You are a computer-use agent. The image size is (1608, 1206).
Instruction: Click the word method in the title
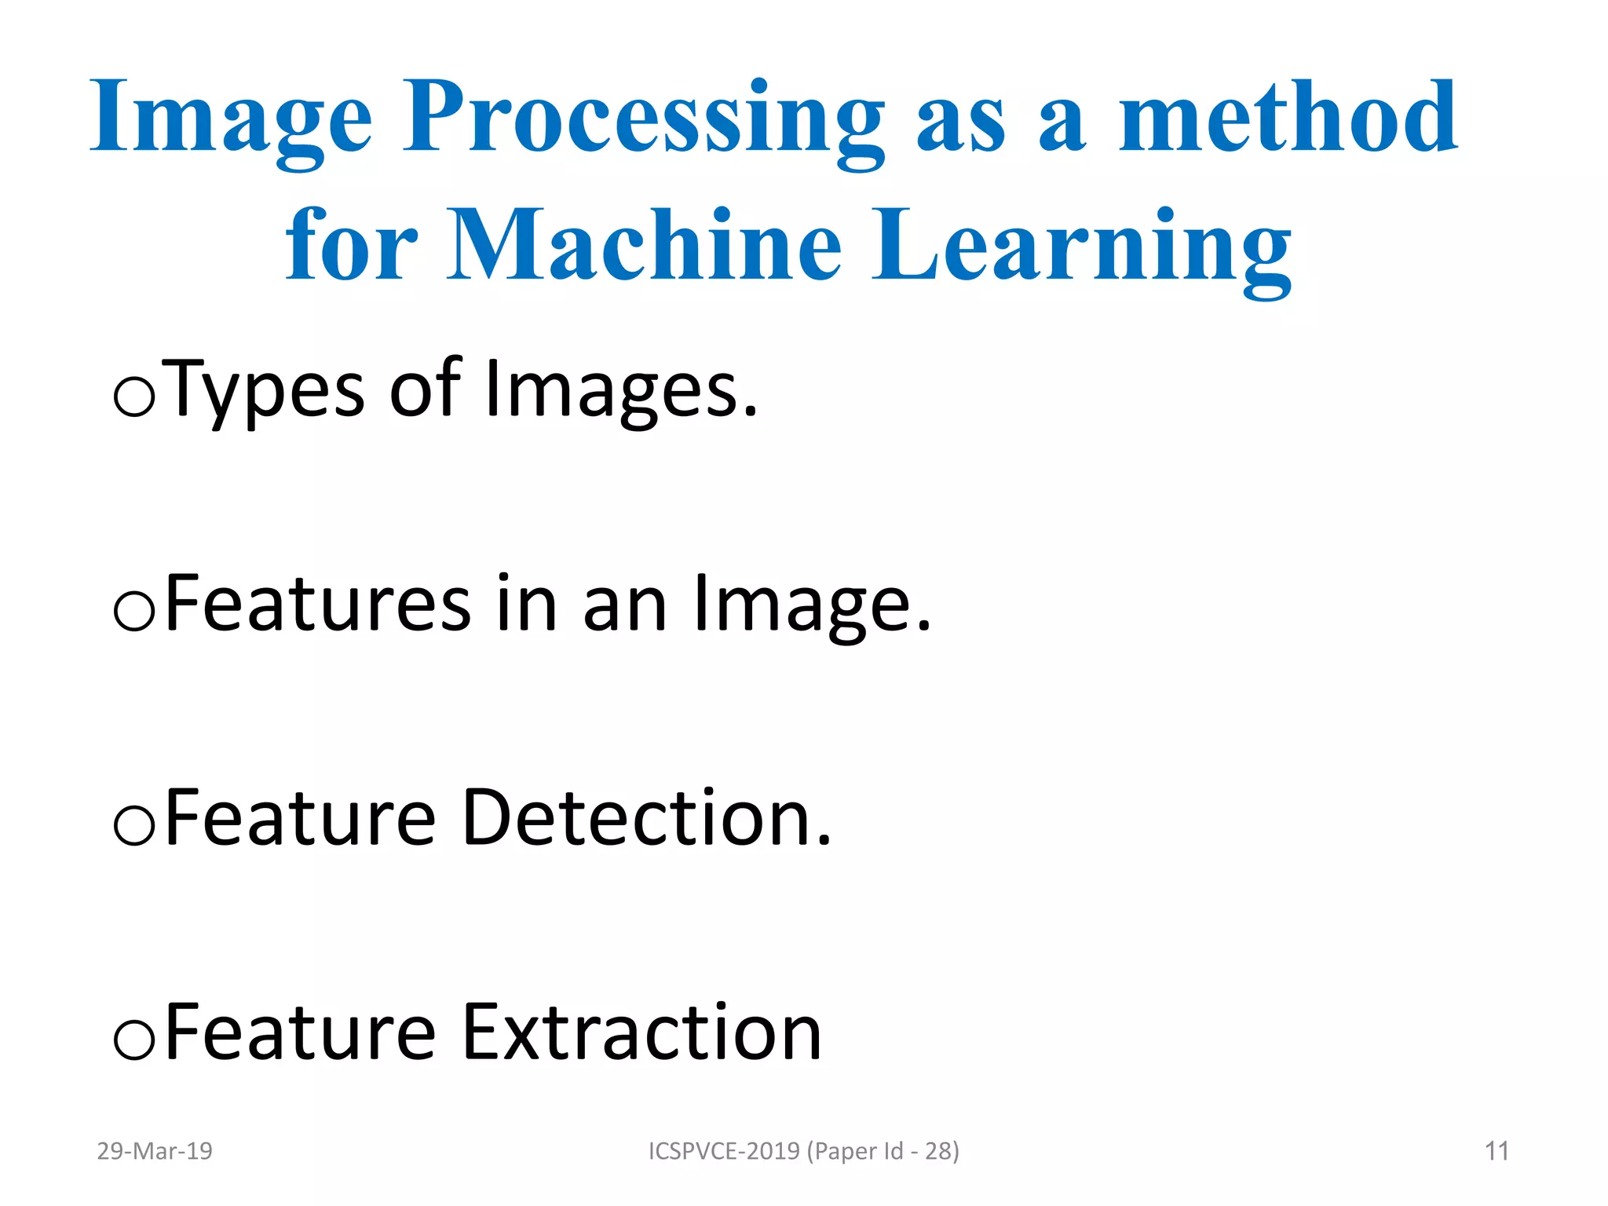(x=1288, y=118)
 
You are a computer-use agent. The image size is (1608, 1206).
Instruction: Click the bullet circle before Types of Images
(x=134, y=397)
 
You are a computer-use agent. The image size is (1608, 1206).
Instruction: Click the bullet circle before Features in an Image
(x=134, y=612)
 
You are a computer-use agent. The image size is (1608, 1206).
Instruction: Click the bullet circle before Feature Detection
(x=134, y=826)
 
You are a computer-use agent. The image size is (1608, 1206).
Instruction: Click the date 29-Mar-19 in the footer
(x=155, y=1151)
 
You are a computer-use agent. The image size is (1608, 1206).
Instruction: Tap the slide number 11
(x=1497, y=1151)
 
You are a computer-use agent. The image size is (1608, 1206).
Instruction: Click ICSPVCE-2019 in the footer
(x=723, y=1151)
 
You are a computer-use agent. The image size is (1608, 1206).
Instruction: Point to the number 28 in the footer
(x=938, y=1151)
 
